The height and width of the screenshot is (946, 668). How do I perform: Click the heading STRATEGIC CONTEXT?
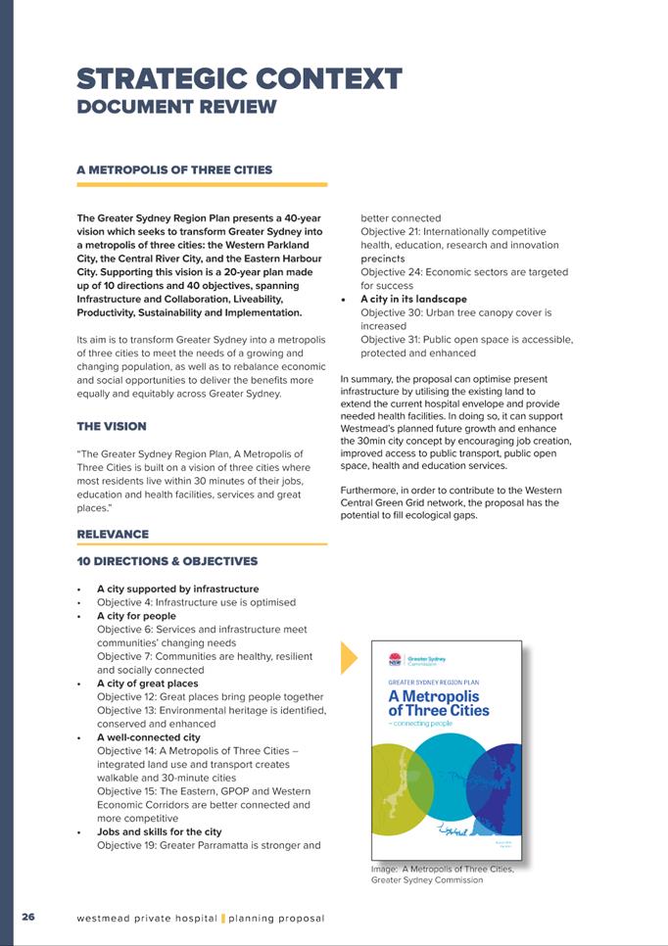pyautogui.click(x=239, y=78)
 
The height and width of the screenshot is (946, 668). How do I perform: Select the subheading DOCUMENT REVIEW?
pyautogui.click(x=176, y=107)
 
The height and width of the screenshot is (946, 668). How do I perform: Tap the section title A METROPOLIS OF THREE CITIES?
pyautogui.click(x=174, y=169)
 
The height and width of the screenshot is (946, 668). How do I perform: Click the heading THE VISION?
pyautogui.click(x=112, y=426)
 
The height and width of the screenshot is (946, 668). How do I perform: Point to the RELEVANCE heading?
pyautogui.click(x=113, y=534)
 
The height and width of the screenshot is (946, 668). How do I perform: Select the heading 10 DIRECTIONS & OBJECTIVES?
pyautogui.click(x=167, y=561)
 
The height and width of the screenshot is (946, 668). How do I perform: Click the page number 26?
pyautogui.click(x=28, y=918)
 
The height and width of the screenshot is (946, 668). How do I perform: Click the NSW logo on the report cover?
pyautogui.click(x=395, y=660)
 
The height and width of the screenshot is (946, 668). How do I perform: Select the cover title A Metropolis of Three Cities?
pyautogui.click(x=439, y=702)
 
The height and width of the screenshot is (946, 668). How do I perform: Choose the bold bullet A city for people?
pyautogui.click(x=136, y=616)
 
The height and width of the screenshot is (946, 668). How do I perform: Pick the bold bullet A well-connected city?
pyautogui.click(x=148, y=737)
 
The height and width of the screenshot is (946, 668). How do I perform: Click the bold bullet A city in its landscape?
pyautogui.click(x=413, y=299)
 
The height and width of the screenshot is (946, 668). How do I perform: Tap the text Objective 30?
pyautogui.click(x=392, y=312)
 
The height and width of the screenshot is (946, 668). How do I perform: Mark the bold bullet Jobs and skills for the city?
pyautogui.click(x=159, y=831)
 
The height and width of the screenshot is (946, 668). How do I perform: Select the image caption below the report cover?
pyautogui.click(x=442, y=874)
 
